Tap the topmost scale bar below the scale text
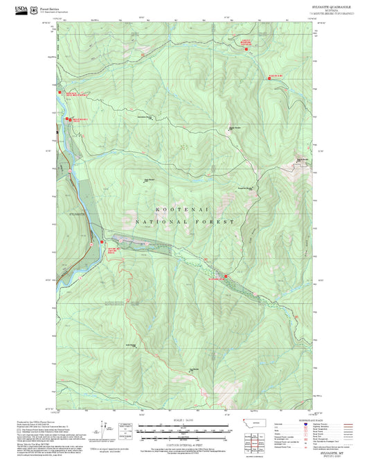click(184, 426)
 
